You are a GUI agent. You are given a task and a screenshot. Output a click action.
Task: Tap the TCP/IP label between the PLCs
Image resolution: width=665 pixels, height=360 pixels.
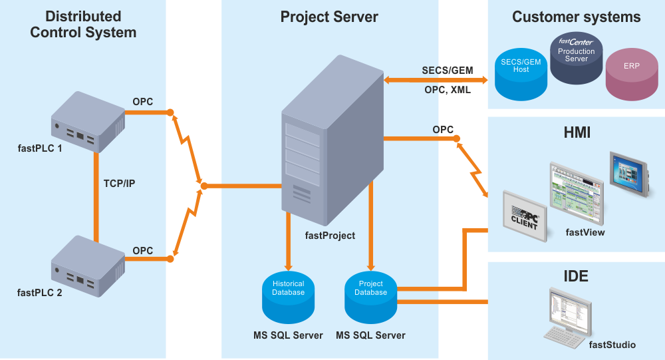pyautogui.click(x=119, y=183)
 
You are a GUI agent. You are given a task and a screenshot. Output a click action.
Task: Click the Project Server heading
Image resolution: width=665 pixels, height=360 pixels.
pyautogui.click(x=329, y=17)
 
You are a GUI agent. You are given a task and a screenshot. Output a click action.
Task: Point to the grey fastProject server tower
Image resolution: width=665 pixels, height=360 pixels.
pyautogui.click(x=331, y=142)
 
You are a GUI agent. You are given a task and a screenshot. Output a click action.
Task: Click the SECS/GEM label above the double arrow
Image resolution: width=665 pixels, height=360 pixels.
pyautogui.click(x=446, y=71)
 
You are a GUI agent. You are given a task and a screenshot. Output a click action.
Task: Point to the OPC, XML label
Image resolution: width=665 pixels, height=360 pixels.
pyautogui.click(x=447, y=90)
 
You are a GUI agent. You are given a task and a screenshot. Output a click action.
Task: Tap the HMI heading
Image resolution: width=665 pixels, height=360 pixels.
pyautogui.click(x=576, y=134)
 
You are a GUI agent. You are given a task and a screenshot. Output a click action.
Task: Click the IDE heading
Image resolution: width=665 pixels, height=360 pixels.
pyautogui.click(x=575, y=275)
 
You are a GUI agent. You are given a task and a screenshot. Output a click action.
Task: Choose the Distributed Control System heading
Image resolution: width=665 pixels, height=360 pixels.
pyautogui.click(x=83, y=24)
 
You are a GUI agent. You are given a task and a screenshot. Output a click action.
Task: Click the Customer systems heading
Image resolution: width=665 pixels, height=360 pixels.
pyautogui.click(x=576, y=17)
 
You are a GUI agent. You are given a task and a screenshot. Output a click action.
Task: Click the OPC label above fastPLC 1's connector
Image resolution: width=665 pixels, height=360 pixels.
pyautogui.click(x=142, y=102)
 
